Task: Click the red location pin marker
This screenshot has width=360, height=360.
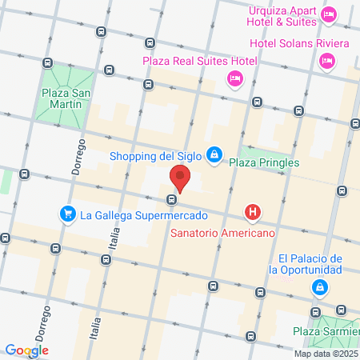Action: (181, 178)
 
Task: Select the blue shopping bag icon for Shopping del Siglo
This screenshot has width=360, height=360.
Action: (214, 154)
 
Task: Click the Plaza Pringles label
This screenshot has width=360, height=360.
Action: (263, 162)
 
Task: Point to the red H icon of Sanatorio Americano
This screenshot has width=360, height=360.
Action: (253, 212)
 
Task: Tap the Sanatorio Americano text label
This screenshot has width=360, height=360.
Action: (223, 233)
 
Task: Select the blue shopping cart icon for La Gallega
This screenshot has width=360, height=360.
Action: (67, 214)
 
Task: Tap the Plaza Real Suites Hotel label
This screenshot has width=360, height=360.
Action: (200, 61)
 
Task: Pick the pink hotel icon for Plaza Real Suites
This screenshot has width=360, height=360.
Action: (234, 78)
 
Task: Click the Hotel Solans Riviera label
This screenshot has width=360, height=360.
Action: (299, 42)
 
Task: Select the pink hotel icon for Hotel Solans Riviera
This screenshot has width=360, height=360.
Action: (326, 60)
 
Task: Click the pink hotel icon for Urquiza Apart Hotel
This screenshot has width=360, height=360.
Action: (327, 14)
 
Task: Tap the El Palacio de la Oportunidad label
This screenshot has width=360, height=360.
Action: (310, 264)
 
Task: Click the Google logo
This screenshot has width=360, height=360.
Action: (26, 350)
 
